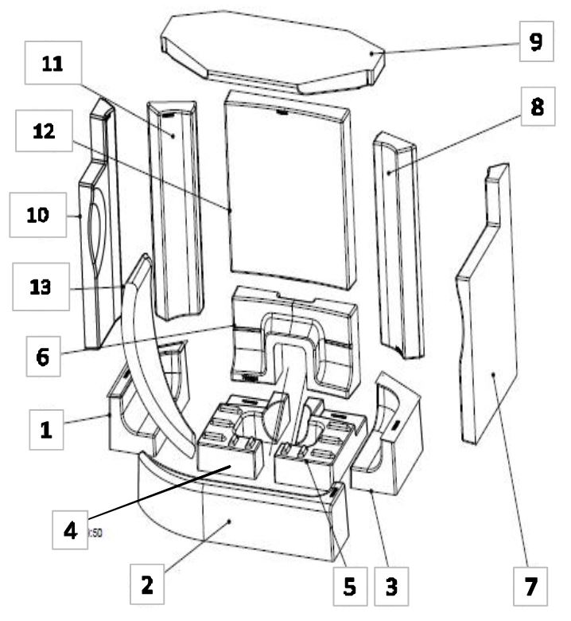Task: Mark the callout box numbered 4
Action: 74,529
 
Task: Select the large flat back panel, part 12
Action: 290,191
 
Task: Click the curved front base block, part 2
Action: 239,517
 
